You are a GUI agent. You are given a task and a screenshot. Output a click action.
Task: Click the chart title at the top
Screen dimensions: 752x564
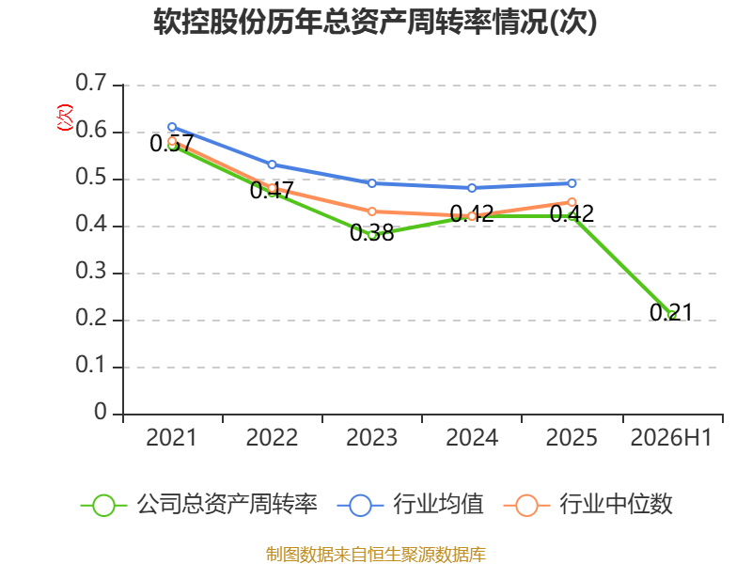pos(375,22)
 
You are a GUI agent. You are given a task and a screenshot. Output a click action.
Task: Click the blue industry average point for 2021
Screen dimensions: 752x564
pos(172,127)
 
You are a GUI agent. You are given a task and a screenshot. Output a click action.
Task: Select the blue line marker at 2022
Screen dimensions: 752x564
pos(272,164)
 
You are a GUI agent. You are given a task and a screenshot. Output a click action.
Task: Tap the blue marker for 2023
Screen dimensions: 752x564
pos(372,183)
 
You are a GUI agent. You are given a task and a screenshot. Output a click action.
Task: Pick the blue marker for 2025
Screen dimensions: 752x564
pos(572,183)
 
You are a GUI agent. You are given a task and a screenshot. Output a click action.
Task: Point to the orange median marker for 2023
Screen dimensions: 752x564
pos(372,211)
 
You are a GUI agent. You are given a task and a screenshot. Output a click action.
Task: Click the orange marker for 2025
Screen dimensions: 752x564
pos(572,202)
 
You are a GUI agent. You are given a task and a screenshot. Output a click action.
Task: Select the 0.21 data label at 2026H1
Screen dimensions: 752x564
pos(671,313)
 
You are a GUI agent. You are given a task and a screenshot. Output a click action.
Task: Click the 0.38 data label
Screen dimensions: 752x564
pos(371,233)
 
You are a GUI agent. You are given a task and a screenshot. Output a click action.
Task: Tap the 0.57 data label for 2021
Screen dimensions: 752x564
pos(172,144)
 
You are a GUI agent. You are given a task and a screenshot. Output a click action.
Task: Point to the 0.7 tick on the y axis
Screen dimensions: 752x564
pos(90,83)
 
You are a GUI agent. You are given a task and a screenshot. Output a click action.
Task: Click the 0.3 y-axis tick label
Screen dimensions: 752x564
pos(90,272)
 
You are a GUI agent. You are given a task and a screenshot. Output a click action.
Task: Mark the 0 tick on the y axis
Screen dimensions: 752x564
pos(101,412)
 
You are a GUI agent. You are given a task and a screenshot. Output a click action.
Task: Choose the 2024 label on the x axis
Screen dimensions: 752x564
pos(472,438)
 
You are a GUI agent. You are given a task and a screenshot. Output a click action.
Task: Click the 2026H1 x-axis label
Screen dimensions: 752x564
pos(671,438)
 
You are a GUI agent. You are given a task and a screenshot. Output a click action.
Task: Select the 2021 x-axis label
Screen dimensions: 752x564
pos(171,438)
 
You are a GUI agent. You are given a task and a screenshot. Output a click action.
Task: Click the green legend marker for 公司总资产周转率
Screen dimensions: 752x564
pos(103,506)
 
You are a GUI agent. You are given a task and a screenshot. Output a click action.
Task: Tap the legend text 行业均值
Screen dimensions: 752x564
pos(438,504)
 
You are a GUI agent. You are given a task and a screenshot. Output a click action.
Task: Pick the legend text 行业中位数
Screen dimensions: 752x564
pos(616,504)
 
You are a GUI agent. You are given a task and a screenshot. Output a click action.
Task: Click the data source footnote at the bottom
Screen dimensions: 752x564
pos(376,555)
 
